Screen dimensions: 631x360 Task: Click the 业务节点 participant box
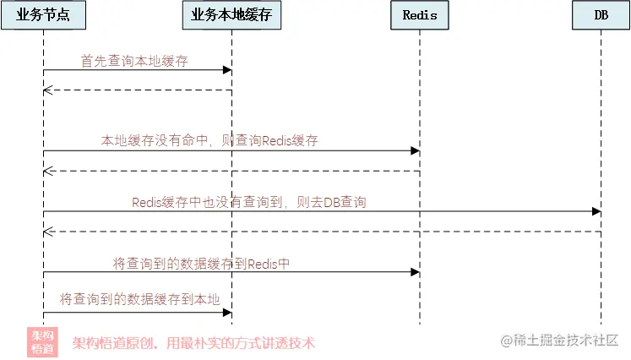(43, 15)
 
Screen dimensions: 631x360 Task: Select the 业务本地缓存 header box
(231, 15)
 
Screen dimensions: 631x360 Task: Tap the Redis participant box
(420, 15)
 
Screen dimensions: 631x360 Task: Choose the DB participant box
(601, 15)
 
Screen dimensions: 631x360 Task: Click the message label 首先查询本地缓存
(134, 61)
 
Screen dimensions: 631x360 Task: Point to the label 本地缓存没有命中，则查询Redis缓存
(209, 140)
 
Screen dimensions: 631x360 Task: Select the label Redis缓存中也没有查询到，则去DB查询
(249, 202)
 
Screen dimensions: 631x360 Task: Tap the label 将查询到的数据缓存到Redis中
(201, 264)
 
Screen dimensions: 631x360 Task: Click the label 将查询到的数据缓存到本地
(140, 299)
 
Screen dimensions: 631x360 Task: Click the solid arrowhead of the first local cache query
(227, 70)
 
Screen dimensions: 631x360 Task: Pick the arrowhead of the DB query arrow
(596, 211)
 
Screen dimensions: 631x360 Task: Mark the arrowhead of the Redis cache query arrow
(416, 151)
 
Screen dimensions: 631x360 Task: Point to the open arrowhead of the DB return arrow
(48, 232)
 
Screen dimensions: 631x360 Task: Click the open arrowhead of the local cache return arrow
(48, 90)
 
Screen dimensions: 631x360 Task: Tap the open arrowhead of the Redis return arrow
(48, 172)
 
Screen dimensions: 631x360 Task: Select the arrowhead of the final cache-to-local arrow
(227, 313)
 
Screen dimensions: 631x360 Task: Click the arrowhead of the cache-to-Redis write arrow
(416, 272)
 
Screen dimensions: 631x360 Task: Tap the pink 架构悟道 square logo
(42, 342)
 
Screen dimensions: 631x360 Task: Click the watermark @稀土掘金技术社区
(559, 341)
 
